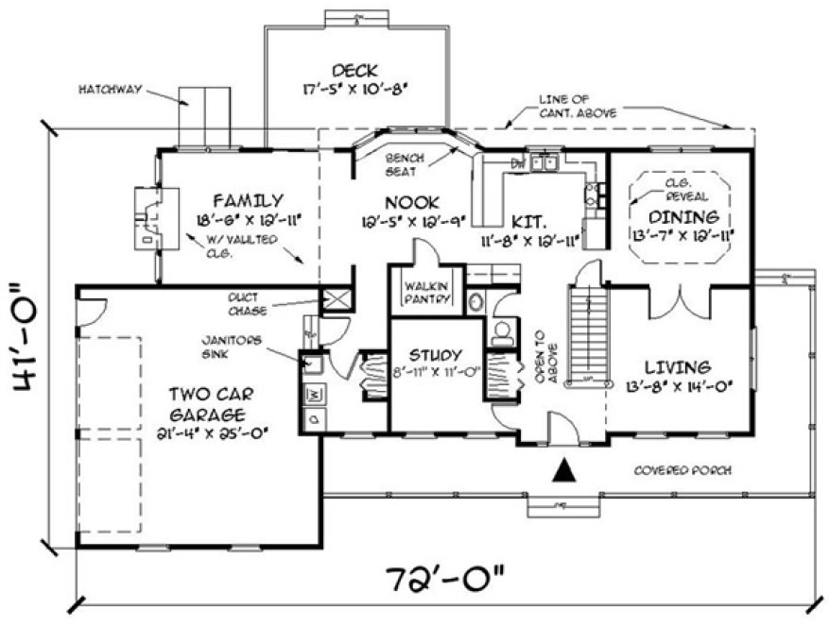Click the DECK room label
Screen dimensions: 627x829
[354, 71]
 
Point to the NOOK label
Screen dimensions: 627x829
[409, 202]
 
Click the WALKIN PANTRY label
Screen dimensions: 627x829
[424, 292]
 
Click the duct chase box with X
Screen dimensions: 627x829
[337, 300]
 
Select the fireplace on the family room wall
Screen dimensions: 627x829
[149, 217]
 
